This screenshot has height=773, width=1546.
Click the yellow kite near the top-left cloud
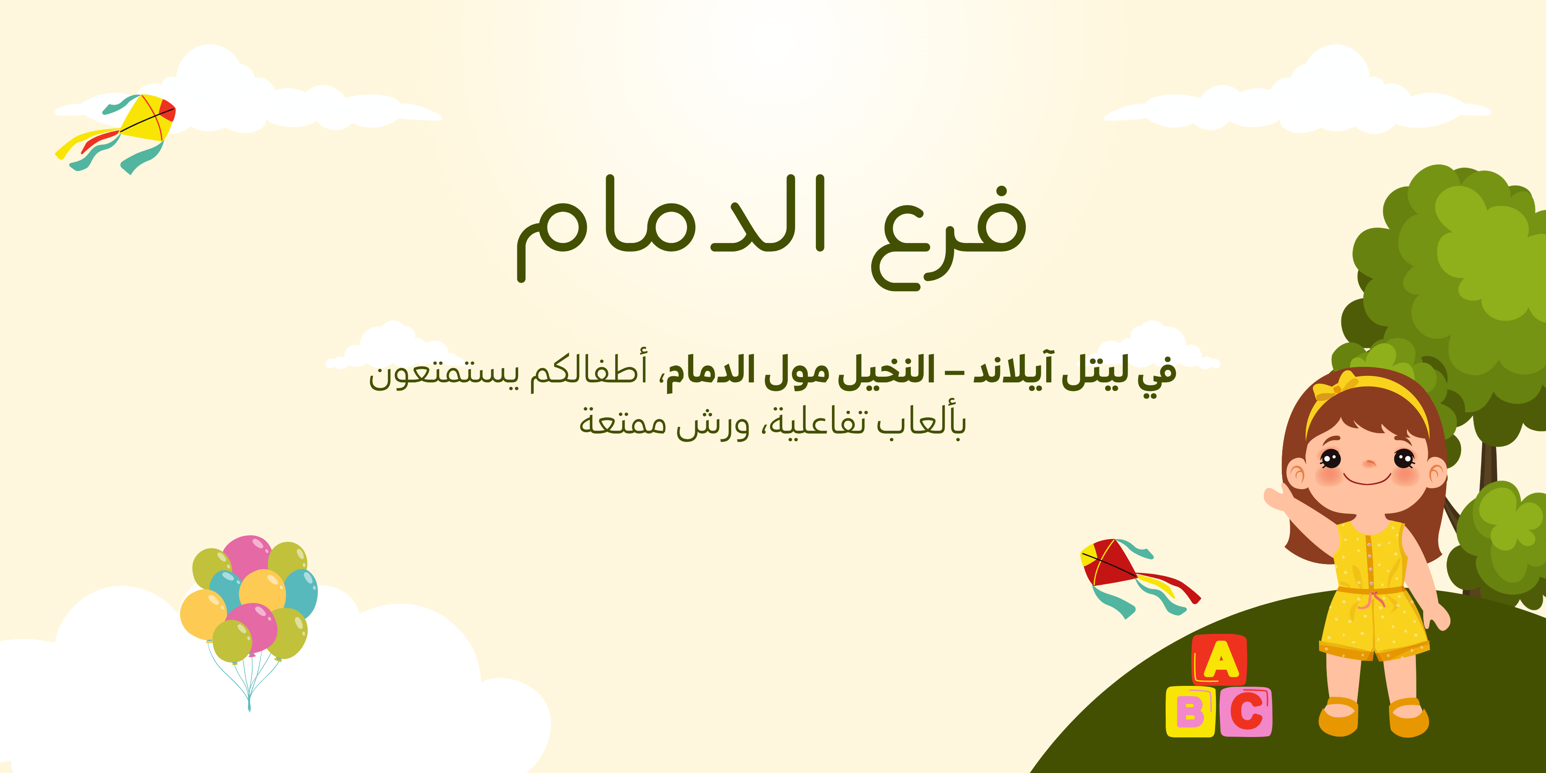point(147,120)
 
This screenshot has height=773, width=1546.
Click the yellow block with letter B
point(1190,712)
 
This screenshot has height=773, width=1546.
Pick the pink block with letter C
point(1245,712)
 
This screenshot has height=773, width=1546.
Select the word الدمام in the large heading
point(672,228)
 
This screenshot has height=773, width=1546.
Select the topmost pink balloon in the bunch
point(247,555)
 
